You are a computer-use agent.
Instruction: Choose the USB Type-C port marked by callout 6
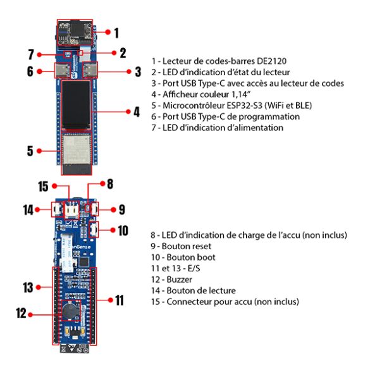tap(63, 71)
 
